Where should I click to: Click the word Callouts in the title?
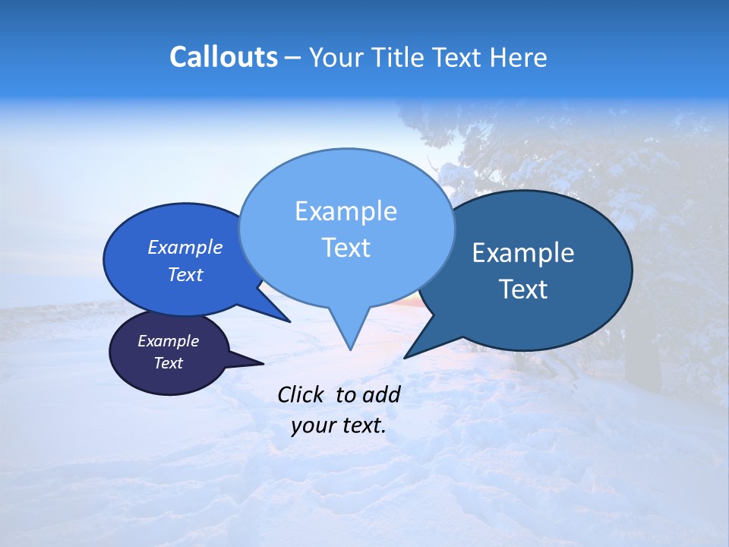[223, 58]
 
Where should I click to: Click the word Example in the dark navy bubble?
[168, 341]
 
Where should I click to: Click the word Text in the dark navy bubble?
[168, 363]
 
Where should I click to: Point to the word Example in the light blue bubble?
[346, 211]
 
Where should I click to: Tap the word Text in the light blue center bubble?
[346, 248]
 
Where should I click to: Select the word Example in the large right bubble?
[523, 253]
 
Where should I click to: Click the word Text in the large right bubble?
[523, 289]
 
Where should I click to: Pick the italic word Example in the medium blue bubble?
[185, 247]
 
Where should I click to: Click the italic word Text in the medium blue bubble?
[185, 274]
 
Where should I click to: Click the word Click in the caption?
[301, 394]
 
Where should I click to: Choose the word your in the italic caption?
[312, 425]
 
